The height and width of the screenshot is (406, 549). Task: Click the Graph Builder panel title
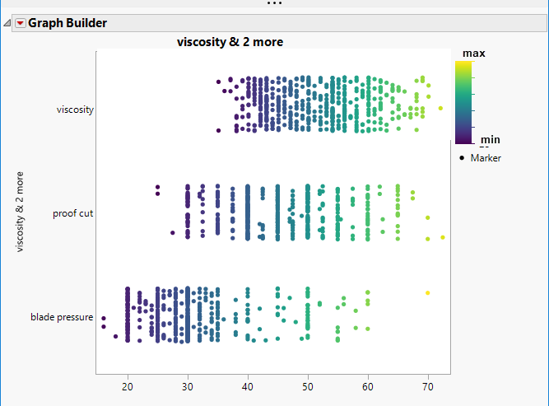tap(67, 23)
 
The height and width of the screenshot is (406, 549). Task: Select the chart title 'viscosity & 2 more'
tap(231, 42)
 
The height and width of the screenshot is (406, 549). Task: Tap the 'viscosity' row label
tap(75, 109)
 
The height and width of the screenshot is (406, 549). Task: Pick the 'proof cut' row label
tap(73, 213)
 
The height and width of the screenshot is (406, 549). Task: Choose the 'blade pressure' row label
tap(62, 317)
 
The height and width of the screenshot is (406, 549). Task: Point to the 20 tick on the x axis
tap(128, 387)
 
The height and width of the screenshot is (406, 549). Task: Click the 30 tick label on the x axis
tap(188, 387)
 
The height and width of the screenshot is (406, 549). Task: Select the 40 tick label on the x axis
tap(248, 387)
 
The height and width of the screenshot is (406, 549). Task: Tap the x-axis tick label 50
tap(308, 387)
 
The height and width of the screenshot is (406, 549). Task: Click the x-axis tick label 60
tap(368, 387)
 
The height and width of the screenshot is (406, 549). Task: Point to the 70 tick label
tap(428, 387)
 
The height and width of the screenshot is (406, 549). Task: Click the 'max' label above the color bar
tap(473, 54)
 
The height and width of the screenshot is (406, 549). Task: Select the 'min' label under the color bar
tap(490, 140)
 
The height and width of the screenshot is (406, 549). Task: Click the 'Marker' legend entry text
tap(486, 158)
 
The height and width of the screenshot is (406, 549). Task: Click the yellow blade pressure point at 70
tap(427, 293)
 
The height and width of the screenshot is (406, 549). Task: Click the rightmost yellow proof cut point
tap(443, 237)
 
